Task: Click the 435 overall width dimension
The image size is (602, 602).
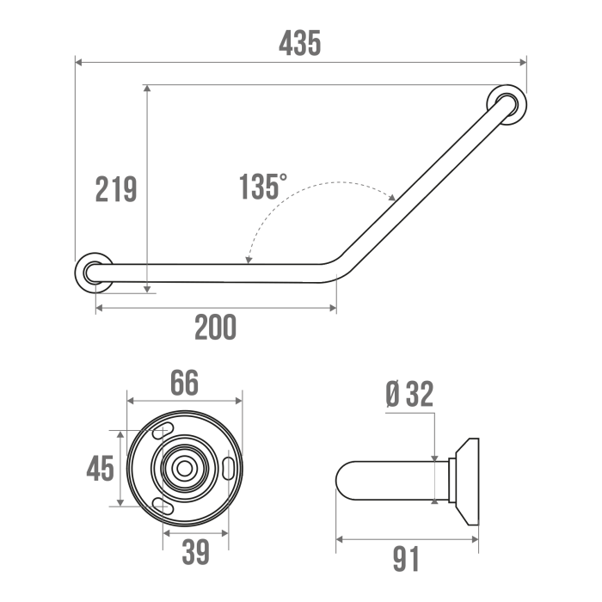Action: [299, 43]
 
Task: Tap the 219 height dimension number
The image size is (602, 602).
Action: [116, 189]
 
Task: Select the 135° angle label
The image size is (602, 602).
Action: [263, 187]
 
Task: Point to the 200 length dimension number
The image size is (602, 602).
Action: [215, 327]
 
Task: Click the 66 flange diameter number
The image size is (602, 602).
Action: [184, 383]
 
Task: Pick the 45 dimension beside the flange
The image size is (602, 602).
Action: [101, 469]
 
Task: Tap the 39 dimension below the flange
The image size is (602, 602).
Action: [195, 552]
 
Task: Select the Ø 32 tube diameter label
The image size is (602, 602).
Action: [409, 394]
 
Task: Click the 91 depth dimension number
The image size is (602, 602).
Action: [406, 559]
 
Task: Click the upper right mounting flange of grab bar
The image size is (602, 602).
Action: [507, 104]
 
